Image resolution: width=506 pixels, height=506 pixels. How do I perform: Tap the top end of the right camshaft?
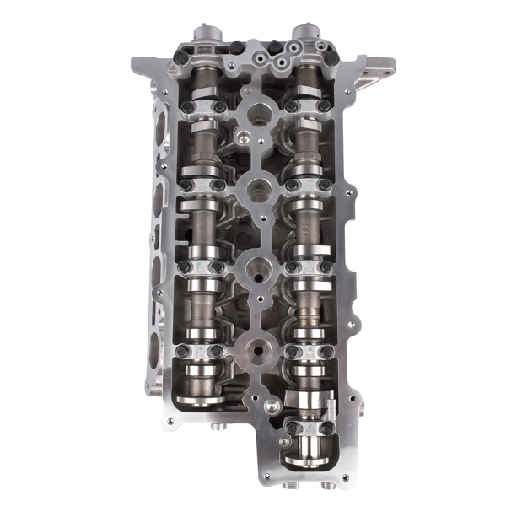click(x=306, y=35)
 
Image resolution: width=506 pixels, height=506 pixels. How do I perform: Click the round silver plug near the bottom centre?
click(x=270, y=406)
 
